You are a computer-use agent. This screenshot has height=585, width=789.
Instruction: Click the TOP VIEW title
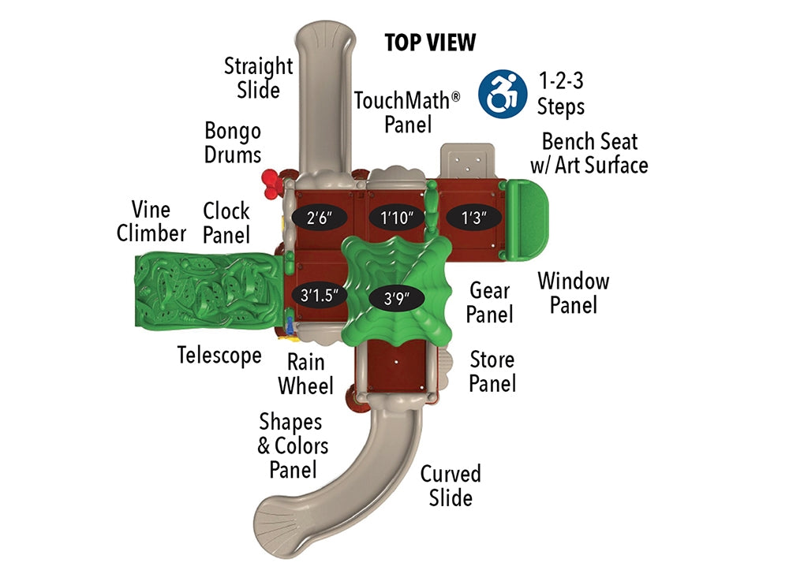(430, 43)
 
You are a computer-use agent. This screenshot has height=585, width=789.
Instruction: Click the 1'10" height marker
(398, 218)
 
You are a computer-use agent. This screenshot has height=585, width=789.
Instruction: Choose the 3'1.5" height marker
(320, 296)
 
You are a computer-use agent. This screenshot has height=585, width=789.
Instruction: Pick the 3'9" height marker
(396, 298)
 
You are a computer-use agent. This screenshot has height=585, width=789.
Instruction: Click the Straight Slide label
(258, 77)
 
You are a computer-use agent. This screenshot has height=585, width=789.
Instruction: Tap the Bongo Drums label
(232, 142)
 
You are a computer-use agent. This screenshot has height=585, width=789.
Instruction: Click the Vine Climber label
(151, 222)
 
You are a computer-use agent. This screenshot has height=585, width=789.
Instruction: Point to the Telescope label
(219, 356)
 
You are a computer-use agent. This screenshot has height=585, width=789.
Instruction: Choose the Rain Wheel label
(305, 374)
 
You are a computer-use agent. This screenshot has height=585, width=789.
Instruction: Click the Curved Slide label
(450, 486)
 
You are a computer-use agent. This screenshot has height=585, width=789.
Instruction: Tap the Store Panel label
(492, 371)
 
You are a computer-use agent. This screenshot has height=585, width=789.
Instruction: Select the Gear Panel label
(489, 302)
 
